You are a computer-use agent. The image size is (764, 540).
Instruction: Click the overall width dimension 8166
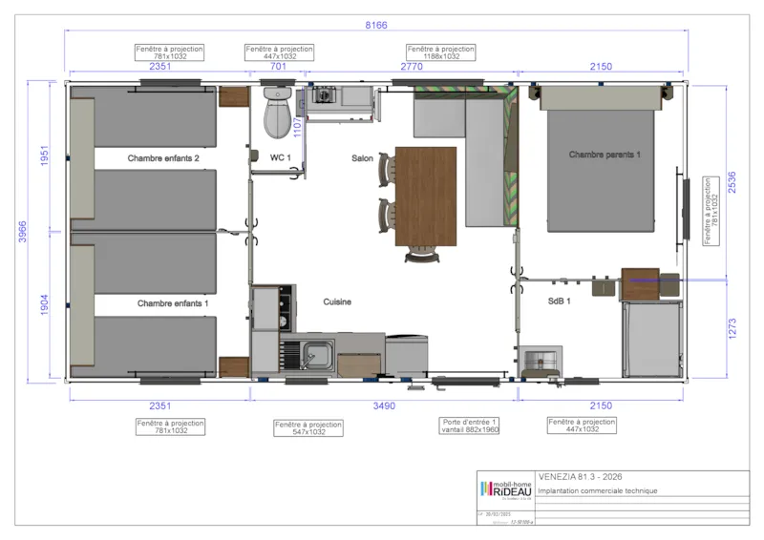click(375, 26)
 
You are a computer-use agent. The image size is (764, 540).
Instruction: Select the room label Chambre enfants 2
click(163, 158)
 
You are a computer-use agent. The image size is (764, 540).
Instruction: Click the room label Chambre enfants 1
click(173, 302)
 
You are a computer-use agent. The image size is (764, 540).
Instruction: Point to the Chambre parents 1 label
click(605, 155)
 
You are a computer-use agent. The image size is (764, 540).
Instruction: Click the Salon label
click(362, 158)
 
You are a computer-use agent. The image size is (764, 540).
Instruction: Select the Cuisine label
click(336, 301)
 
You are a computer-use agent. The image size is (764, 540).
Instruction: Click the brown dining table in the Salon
click(425, 196)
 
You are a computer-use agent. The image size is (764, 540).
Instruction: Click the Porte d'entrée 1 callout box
click(470, 426)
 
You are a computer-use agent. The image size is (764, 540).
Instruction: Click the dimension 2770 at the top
click(411, 66)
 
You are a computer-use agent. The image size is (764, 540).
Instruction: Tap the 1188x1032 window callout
click(440, 52)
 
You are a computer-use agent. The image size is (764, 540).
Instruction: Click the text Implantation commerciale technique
click(598, 491)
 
